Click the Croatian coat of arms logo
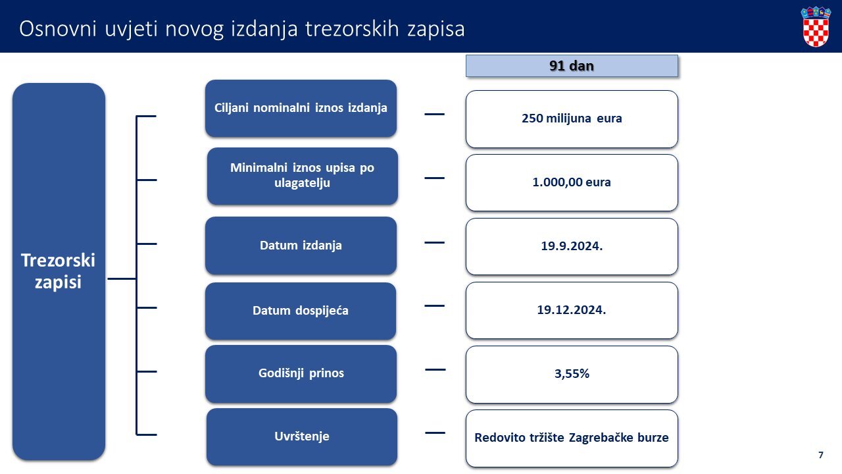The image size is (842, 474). (x=815, y=26)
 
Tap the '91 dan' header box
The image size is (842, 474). (x=572, y=66)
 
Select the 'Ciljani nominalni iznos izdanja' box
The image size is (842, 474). (x=301, y=109)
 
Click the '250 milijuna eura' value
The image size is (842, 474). (x=572, y=118)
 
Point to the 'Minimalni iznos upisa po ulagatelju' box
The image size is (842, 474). (x=302, y=176)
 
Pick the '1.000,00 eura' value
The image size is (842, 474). (x=572, y=182)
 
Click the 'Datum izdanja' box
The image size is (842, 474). (x=301, y=246)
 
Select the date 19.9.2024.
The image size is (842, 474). (x=572, y=246)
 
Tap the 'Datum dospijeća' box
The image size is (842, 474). (x=301, y=311)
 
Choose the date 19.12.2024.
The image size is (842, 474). (x=572, y=310)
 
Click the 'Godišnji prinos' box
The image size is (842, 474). (x=301, y=374)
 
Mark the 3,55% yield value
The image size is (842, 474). (x=572, y=373)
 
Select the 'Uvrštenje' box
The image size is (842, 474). (x=302, y=437)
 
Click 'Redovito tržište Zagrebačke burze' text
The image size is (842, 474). (x=572, y=438)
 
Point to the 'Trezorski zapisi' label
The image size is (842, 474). (x=59, y=271)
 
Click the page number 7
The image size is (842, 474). (x=821, y=455)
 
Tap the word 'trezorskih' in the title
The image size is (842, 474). (x=352, y=29)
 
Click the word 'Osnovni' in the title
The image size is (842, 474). (x=58, y=29)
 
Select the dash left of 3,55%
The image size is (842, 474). (x=435, y=370)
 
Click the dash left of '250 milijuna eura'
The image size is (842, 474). (x=435, y=114)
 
